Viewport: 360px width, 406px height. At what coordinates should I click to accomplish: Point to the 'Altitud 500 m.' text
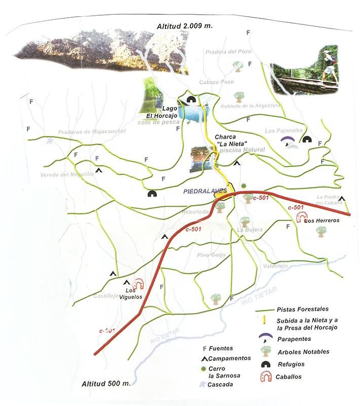click(x=106, y=383)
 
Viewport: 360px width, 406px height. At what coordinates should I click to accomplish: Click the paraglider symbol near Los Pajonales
click(x=287, y=140)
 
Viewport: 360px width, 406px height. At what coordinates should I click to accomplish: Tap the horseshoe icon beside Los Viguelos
click(x=138, y=284)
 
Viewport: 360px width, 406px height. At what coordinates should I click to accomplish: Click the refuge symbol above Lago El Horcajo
click(x=192, y=100)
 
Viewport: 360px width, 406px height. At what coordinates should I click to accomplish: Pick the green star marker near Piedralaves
click(x=244, y=186)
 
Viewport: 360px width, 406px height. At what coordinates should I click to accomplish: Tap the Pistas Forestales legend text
click(x=303, y=309)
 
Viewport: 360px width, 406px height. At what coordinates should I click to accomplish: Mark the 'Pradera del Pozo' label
click(x=229, y=51)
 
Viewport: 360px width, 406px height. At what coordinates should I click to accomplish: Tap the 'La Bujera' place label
click(x=250, y=230)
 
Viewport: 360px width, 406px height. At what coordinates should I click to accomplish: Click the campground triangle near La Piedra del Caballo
click(x=342, y=199)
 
